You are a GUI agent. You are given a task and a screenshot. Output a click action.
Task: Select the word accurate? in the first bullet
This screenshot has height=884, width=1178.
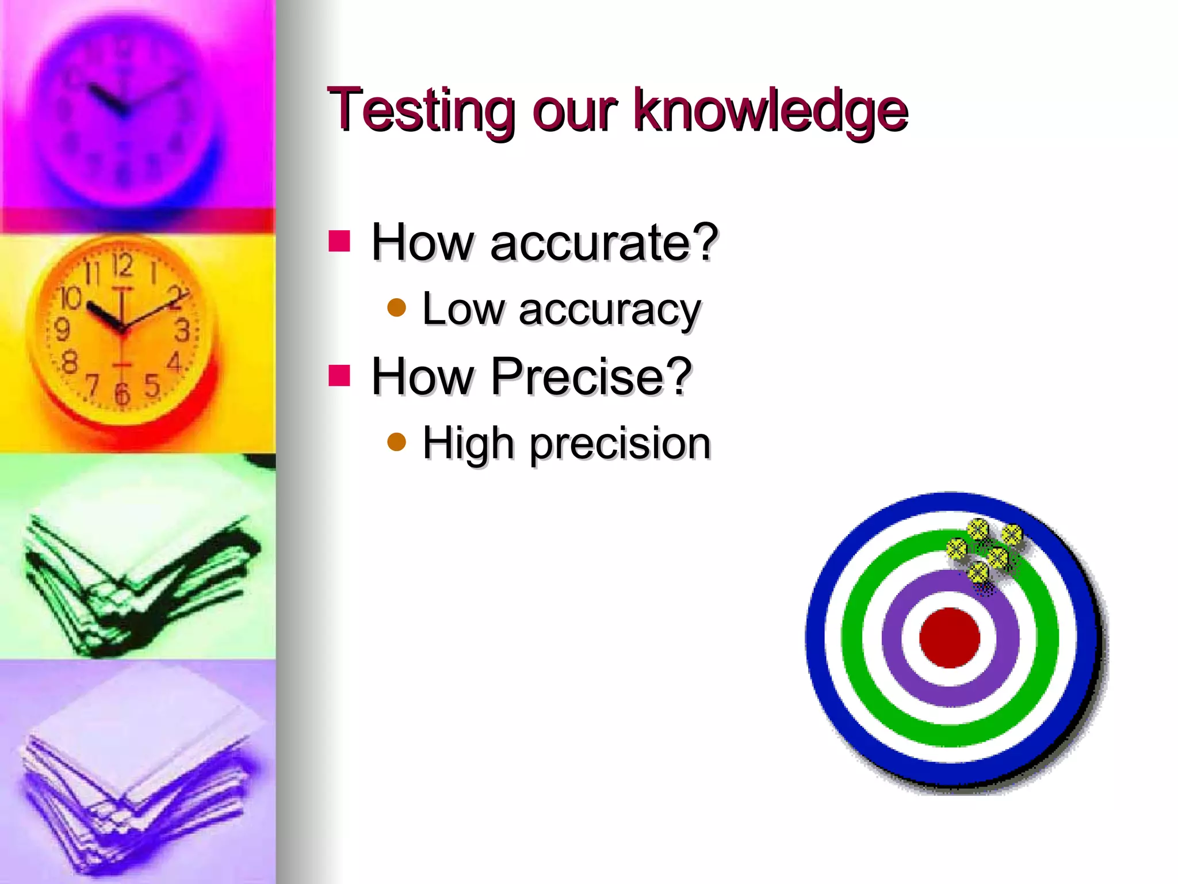pos(604,242)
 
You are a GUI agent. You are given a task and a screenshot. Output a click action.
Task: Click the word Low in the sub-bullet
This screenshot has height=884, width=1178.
pos(463,309)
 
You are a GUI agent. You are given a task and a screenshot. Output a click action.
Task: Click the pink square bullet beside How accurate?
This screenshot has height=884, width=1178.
pos(339,241)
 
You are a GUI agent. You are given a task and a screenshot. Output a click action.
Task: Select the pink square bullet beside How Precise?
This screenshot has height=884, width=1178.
pos(339,375)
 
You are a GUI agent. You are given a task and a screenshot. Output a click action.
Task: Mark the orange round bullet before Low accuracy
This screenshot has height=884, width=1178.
pos(397,308)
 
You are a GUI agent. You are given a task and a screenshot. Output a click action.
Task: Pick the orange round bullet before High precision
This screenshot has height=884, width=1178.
pos(397,442)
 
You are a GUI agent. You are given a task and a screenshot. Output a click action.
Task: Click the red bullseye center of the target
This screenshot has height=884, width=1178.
pos(950,638)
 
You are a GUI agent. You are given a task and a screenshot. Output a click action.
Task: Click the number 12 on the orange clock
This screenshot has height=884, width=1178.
pos(122,265)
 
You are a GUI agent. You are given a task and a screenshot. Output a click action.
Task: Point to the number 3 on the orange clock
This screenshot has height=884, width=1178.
pos(182,331)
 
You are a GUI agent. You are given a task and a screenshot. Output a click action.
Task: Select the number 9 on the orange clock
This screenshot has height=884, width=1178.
pos(62,330)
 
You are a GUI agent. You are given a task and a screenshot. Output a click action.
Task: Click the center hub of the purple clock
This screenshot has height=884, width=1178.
pos(124,111)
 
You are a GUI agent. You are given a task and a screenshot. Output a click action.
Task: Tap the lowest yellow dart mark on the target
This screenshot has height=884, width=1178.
pos(978,572)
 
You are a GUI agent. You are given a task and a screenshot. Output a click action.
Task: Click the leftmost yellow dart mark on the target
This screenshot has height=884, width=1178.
pos(957,548)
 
